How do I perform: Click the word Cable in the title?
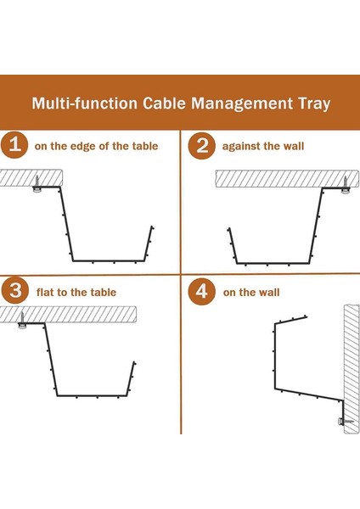click(164, 103)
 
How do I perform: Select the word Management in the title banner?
click(242, 103)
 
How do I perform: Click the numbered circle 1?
click(14, 145)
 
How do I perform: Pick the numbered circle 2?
click(202, 145)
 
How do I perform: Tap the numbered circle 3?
click(15, 290)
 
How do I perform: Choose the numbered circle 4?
click(202, 291)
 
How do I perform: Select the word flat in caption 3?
click(45, 293)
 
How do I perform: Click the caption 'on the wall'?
click(251, 293)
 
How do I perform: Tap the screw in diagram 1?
click(37, 184)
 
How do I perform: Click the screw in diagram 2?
click(345, 185)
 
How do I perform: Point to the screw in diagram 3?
click(22, 320)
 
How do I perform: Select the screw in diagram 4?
click(346, 422)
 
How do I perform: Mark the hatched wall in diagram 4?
click(352, 369)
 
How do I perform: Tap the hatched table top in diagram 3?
click(68, 314)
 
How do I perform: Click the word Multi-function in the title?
click(84, 103)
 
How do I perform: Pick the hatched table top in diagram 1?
click(31, 177)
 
